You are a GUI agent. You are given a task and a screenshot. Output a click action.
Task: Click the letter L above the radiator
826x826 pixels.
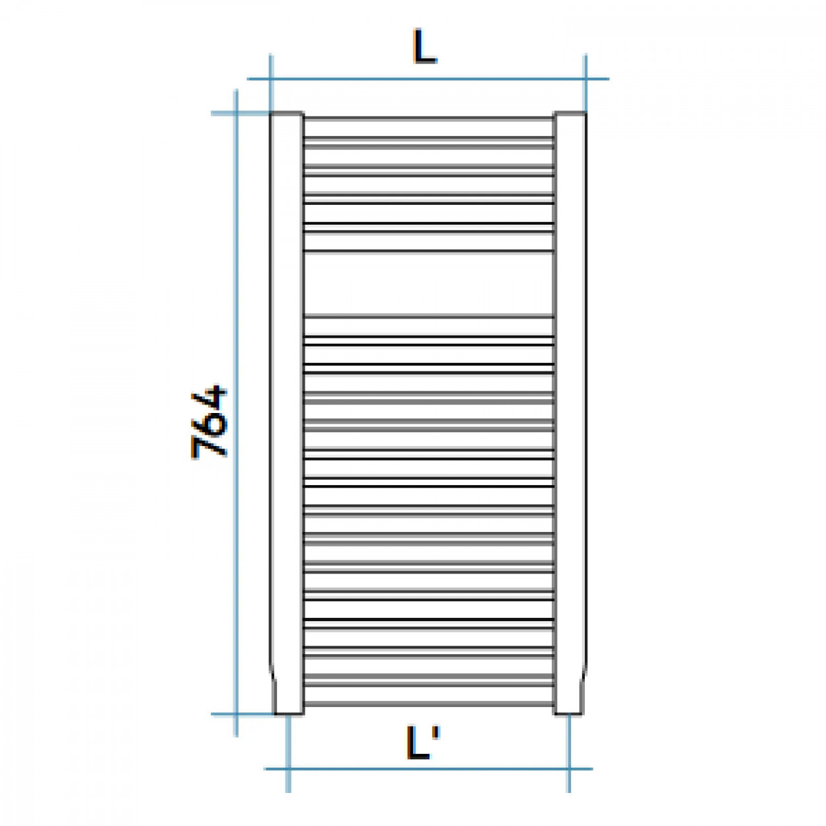pos(424,46)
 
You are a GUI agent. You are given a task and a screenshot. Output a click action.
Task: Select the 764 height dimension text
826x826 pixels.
pos(209,423)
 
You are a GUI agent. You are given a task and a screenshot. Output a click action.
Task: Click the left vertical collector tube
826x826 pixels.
pos(287,413)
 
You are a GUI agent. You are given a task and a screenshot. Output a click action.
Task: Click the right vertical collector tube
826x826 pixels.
pos(570,413)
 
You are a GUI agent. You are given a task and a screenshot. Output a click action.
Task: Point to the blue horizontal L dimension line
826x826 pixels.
pos(428,79)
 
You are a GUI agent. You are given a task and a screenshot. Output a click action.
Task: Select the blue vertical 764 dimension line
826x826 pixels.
pos(236,413)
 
